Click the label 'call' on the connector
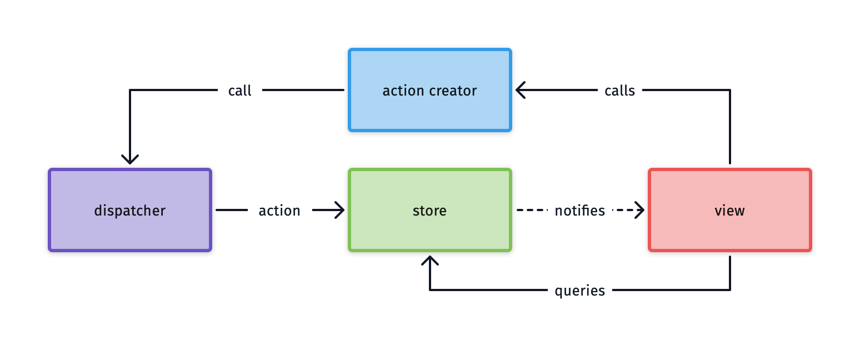coord(239,91)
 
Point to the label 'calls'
coord(619,91)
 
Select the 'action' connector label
coord(279,211)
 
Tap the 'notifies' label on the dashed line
coord(579,211)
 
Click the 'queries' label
coord(579,291)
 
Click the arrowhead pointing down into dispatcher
coord(130,159)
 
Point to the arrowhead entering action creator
coord(521,90)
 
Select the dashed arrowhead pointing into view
coord(639,210)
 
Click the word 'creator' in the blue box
coord(453,91)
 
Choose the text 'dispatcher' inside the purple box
coord(129,211)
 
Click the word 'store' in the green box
coord(429,211)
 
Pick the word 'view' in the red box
coord(729,211)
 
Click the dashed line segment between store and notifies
coord(532,210)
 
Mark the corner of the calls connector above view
coord(729,90)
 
